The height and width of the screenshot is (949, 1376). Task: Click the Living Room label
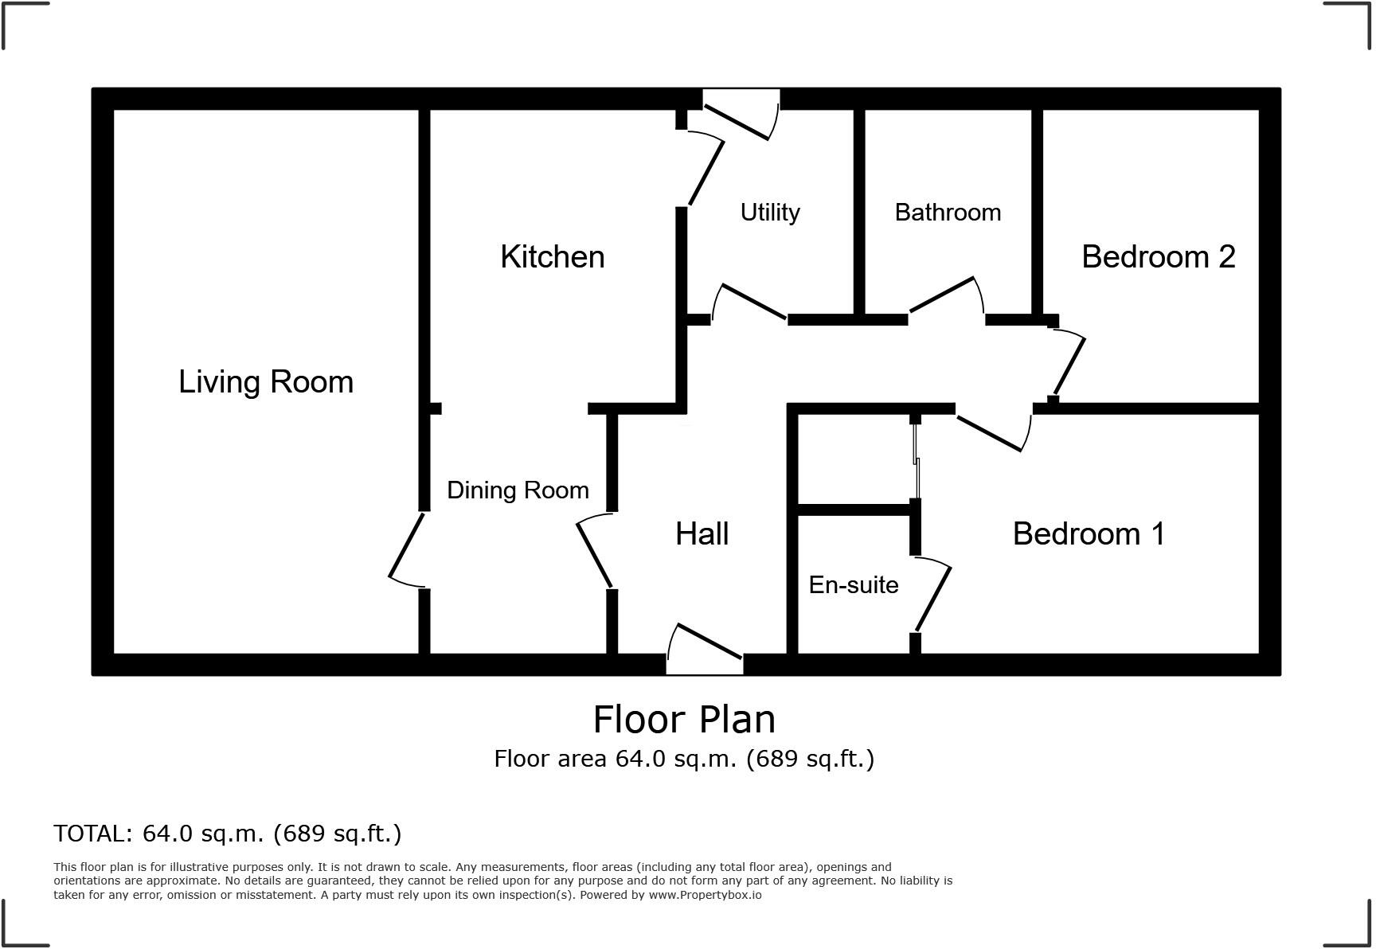point(266,382)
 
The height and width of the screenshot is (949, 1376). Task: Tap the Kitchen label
point(553,257)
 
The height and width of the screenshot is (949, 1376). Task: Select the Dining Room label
point(518,490)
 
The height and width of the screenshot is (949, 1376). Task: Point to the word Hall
point(702,534)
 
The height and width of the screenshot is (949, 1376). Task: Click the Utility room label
point(770,213)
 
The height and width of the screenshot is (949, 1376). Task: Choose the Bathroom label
point(948,213)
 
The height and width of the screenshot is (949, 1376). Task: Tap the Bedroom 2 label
point(1158,257)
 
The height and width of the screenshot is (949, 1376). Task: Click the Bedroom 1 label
point(1088,534)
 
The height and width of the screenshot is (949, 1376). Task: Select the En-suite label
point(854,585)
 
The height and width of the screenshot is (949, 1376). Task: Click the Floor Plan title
point(684,720)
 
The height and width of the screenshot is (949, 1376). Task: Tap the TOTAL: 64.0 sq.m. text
point(227,834)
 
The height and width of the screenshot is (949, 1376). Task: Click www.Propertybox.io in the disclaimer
point(705,895)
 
